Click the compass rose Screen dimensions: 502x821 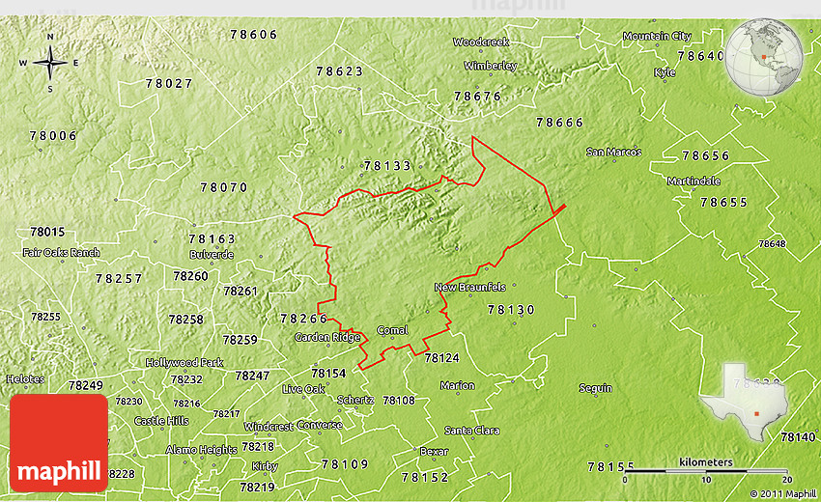click(x=50, y=64)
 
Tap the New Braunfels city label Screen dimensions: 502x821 click(x=469, y=287)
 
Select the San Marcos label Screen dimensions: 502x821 click(x=613, y=152)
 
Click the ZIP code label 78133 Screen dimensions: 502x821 click(x=388, y=166)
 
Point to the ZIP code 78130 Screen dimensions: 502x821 click(x=511, y=310)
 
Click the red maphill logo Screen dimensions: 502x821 click(x=59, y=443)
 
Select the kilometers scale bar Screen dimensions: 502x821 click(x=705, y=470)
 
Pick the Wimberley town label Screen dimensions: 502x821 click(x=490, y=66)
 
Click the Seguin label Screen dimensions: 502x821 click(x=595, y=388)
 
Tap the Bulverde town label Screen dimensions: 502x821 click(x=212, y=255)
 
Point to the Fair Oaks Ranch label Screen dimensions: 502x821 click(x=61, y=253)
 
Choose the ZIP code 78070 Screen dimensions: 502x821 click(x=224, y=187)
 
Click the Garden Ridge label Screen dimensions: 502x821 click(x=327, y=337)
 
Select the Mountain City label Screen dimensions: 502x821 click(x=657, y=36)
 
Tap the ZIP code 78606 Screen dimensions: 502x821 click(x=254, y=35)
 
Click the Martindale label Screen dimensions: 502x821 click(x=694, y=181)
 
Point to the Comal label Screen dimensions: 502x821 click(x=392, y=330)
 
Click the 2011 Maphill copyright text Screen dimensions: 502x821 click(x=781, y=493)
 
